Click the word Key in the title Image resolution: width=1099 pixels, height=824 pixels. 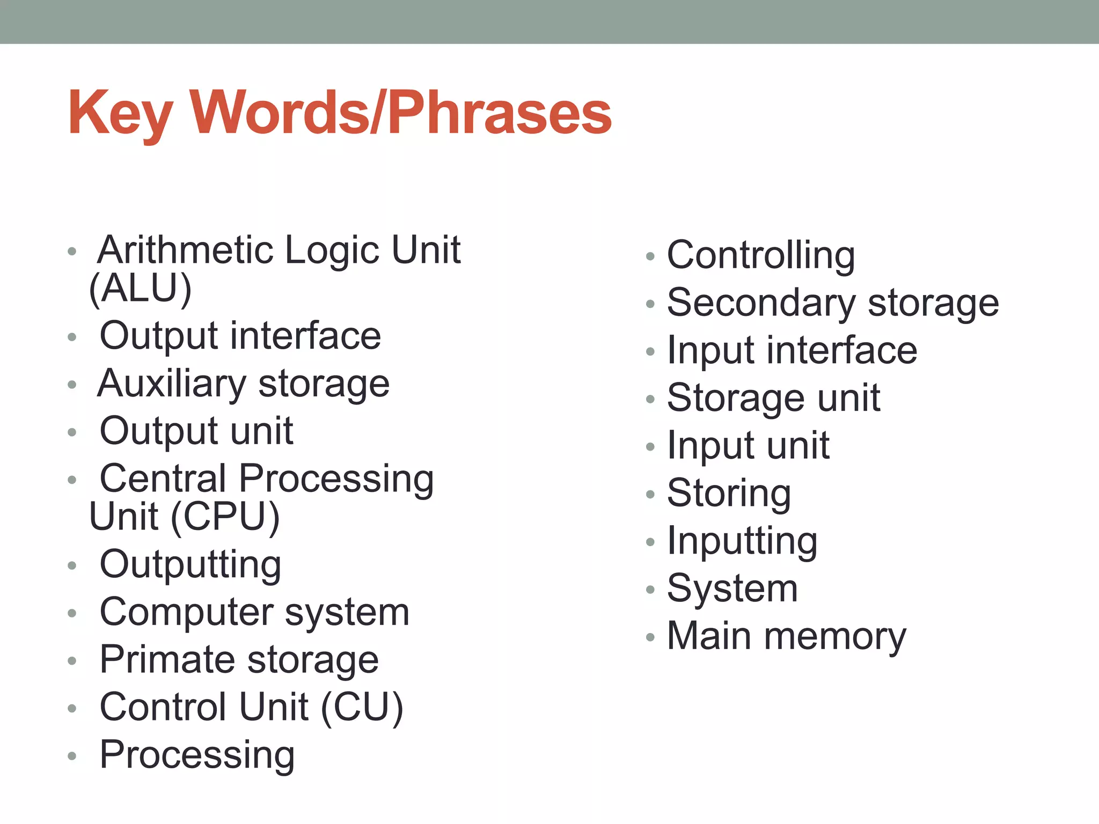coord(119,114)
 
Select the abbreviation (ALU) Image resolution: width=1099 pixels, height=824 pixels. coord(140,289)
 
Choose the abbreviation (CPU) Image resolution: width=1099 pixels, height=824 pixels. coord(225,517)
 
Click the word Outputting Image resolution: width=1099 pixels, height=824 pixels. coord(191,565)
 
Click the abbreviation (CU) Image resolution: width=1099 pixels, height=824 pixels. coord(362,707)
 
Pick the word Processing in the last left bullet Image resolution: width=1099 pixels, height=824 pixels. coord(197,755)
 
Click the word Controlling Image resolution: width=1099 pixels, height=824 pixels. coord(761,255)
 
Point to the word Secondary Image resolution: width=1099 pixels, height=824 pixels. coord(761,303)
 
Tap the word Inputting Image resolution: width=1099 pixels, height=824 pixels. coord(742,541)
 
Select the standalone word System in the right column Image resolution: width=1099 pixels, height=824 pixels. coord(732,588)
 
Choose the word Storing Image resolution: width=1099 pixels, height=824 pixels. coord(729,494)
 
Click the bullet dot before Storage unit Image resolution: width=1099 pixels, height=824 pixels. coord(650,399)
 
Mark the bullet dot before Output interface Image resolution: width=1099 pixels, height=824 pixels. coord(72,337)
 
